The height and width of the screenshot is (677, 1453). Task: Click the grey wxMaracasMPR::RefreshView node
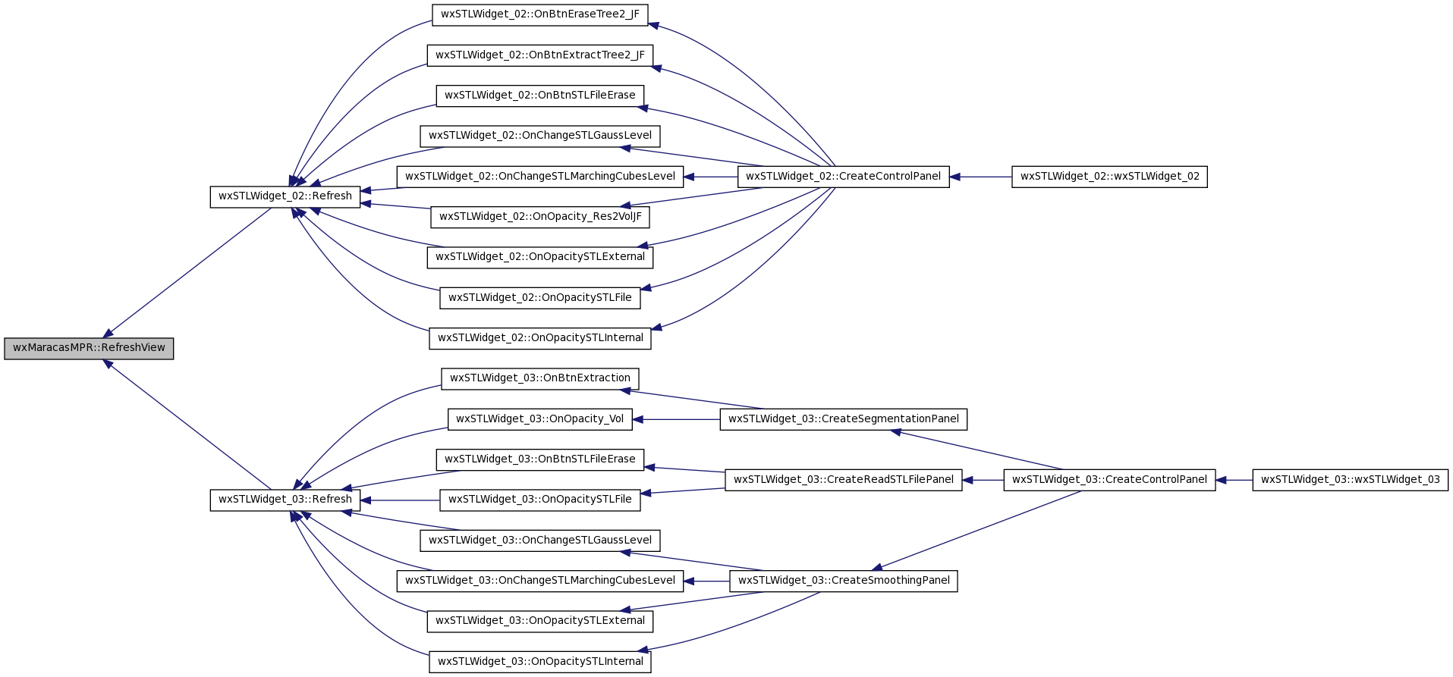89,348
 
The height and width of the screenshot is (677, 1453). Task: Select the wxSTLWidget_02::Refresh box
285,196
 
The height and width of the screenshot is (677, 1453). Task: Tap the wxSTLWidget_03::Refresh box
285,500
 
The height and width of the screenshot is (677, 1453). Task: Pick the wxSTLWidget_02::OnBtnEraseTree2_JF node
540,14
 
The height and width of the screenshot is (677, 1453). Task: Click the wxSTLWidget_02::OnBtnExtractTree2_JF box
540,55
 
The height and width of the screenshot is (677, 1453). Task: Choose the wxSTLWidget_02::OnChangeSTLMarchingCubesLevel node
540,177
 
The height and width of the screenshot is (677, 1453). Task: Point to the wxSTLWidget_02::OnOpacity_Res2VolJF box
540,217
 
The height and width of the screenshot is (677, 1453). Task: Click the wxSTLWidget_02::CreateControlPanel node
844,177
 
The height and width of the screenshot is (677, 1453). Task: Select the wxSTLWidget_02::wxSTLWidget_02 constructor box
1110,177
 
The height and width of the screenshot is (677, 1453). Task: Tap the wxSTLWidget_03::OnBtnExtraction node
540,378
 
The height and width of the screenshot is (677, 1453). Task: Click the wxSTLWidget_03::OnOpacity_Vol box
540,419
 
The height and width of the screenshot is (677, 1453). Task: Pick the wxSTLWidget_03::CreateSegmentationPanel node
844,419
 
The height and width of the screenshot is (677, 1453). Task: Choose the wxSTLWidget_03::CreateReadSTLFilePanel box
844,480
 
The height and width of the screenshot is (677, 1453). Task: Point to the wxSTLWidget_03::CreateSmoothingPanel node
844,581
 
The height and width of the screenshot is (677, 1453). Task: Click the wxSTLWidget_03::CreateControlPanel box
1110,480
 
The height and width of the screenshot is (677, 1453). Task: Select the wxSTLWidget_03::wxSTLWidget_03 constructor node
1351,480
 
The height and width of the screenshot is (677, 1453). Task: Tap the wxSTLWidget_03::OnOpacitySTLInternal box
540,662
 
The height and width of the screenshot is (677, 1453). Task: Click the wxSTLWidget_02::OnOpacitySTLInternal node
540,338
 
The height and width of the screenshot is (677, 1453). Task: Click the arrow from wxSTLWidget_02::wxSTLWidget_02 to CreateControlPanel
980,177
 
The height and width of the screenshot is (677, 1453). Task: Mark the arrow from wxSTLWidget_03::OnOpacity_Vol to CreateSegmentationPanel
676,419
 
